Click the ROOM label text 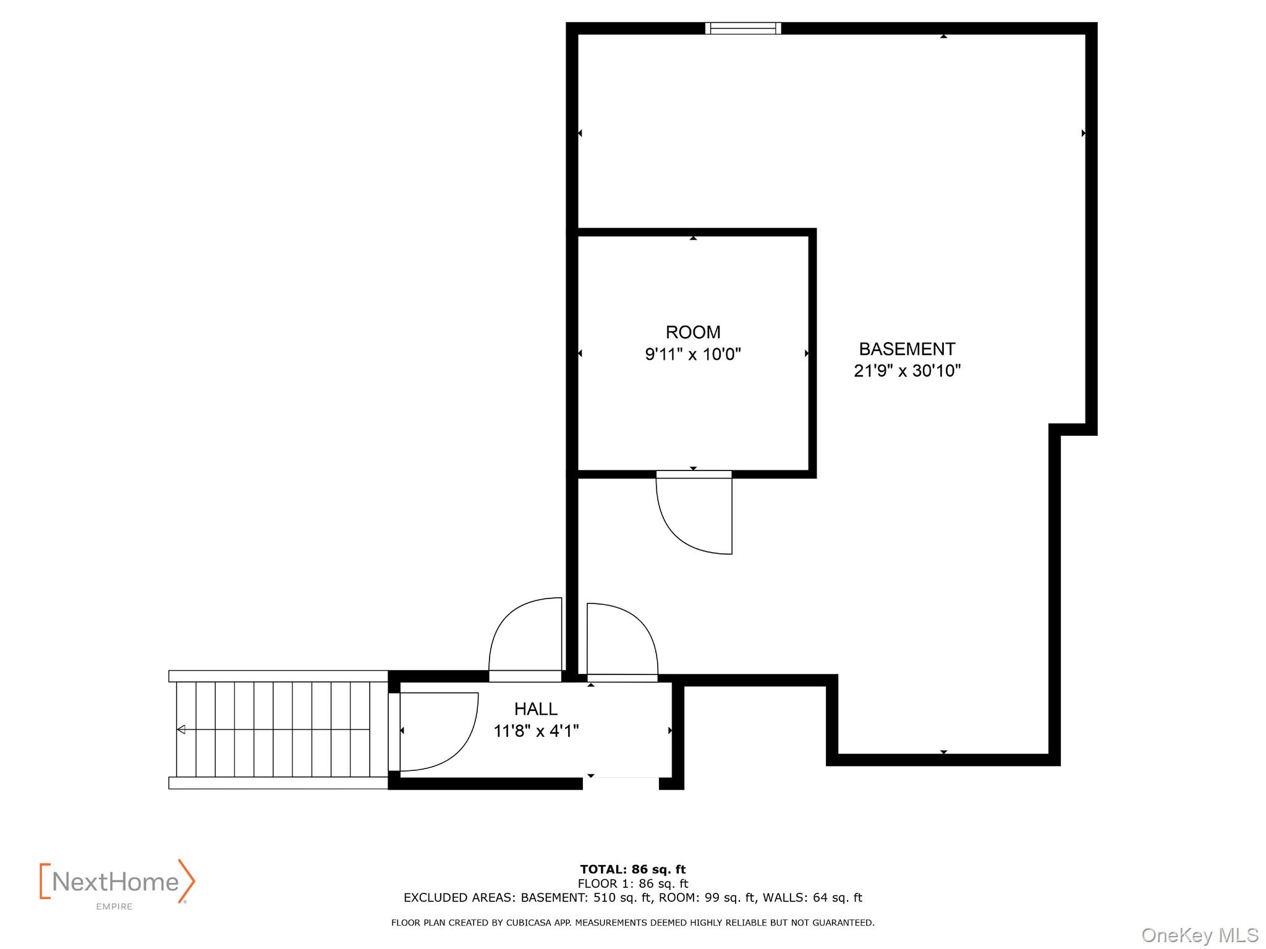coord(692,332)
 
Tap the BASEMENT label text coord(907,349)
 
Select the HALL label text coord(535,709)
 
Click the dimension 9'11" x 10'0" coord(692,354)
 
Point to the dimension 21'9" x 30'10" coord(907,371)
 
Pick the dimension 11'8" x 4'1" coord(536,731)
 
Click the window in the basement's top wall coord(743,28)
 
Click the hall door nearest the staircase coord(436,733)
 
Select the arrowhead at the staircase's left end coord(181,730)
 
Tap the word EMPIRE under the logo coord(114,907)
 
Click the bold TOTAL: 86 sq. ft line coord(632,869)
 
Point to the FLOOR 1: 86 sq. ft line coord(632,883)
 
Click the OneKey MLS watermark coord(1199,935)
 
